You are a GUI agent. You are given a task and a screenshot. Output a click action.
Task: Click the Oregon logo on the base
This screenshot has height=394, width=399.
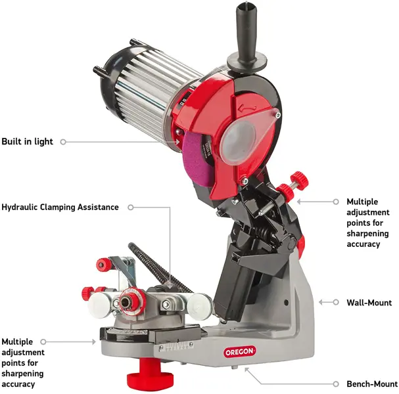(240, 352)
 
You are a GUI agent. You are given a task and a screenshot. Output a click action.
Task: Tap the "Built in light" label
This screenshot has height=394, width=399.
(27, 142)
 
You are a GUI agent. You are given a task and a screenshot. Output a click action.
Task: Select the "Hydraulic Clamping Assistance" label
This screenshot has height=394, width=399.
(60, 207)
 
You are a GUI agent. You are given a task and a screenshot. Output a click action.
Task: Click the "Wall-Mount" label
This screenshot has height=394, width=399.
(369, 303)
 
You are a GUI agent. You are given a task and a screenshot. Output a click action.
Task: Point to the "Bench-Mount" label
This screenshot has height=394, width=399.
(372, 384)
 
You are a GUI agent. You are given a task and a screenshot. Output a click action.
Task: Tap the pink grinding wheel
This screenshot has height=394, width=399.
(196, 159)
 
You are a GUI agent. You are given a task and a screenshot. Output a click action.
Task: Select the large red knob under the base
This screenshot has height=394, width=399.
(150, 372)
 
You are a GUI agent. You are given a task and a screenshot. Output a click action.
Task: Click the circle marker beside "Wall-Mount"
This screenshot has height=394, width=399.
(336, 302)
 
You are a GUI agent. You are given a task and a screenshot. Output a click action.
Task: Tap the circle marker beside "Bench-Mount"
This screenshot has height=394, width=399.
(336, 384)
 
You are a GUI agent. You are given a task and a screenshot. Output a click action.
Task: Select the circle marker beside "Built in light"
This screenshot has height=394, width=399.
(63, 142)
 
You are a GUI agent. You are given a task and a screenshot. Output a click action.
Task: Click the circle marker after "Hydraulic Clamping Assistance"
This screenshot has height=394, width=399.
(131, 208)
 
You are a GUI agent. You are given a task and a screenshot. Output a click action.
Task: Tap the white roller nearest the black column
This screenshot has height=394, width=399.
(200, 306)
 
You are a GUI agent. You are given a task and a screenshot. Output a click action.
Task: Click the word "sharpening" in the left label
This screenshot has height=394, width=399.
(22, 374)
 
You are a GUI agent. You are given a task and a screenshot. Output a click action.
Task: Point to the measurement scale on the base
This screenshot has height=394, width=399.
(176, 347)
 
